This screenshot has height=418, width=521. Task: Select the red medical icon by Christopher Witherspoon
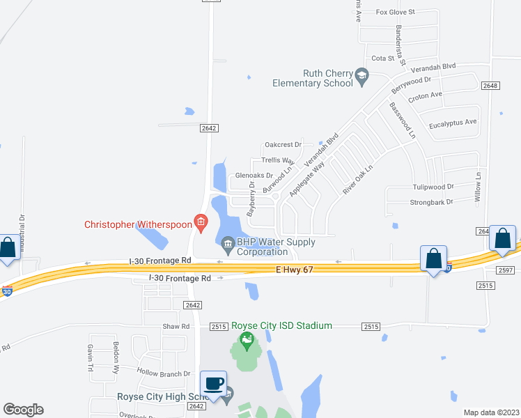pos(201,223)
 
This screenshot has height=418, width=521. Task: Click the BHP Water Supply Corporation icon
pos(228,244)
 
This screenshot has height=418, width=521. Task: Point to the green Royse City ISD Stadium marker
pos(245,341)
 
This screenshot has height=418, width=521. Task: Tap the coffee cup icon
pos(214,384)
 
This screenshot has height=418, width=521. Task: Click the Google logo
pos(23,410)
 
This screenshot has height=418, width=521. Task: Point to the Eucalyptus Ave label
pos(452,122)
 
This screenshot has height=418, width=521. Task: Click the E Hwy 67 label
pos(294,269)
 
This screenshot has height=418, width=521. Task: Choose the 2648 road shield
pos(490,86)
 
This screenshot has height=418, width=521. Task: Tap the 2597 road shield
pos(506,270)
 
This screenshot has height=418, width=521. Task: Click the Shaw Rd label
pos(176,326)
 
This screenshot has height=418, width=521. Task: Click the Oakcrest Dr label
pos(283,145)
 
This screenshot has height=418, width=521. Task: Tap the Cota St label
pos(383,59)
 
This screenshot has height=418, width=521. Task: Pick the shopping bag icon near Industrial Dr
pos(8,247)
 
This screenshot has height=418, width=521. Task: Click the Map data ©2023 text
pos(491,412)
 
